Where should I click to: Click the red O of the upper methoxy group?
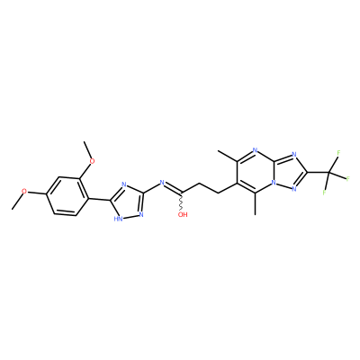click(93, 161)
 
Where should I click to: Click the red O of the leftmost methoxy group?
click(25, 192)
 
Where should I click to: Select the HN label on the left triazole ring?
click(118, 219)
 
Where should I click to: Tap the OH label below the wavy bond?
click(183, 214)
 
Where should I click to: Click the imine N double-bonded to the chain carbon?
click(162, 182)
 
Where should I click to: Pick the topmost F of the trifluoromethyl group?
click(338, 153)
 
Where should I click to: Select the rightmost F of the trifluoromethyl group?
click(348, 179)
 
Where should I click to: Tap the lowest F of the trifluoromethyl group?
click(325, 192)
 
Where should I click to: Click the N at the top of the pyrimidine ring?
click(255, 150)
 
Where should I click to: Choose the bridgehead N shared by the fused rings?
click(273, 182)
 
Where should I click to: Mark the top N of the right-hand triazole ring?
click(294, 155)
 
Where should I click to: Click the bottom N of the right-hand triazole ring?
click(294, 189)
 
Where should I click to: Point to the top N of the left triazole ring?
click(125, 184)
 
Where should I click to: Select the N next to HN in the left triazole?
click(141, 214)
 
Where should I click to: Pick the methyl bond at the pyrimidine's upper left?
click(229, 156)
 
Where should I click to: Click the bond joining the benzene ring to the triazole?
click(98, 199)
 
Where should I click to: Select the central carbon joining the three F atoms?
click(329, 172)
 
